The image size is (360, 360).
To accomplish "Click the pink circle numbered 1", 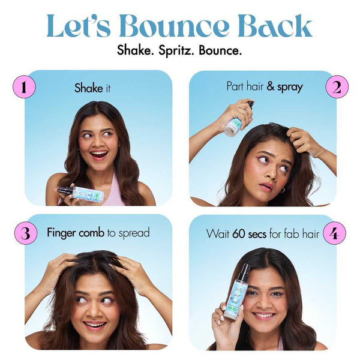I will point(24,88).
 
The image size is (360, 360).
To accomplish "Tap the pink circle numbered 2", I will point(337,88).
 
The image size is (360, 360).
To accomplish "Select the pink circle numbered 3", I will point(24,233).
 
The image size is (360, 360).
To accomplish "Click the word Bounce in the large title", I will point(174,27).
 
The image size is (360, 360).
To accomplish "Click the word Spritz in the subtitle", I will point(174,50).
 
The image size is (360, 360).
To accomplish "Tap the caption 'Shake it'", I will point(92,88).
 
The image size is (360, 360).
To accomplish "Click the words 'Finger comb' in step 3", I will point(76,233).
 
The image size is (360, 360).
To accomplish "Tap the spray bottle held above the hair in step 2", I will point(236,120).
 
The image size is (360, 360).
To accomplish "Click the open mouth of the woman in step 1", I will point(99,154).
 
